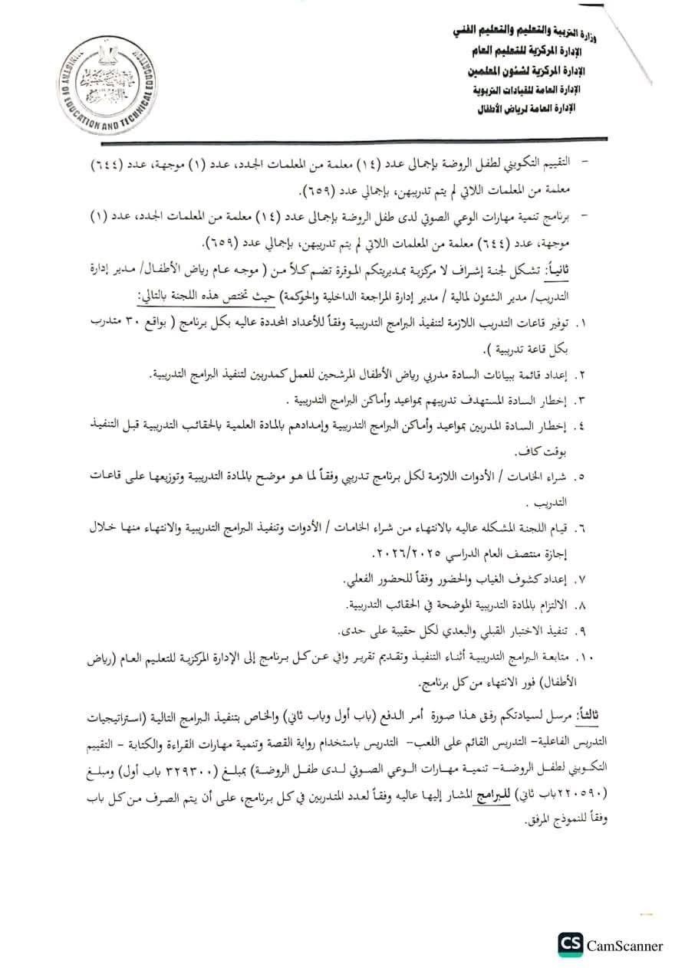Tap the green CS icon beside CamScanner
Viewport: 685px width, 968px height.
569,944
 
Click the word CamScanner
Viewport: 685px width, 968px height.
624,945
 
